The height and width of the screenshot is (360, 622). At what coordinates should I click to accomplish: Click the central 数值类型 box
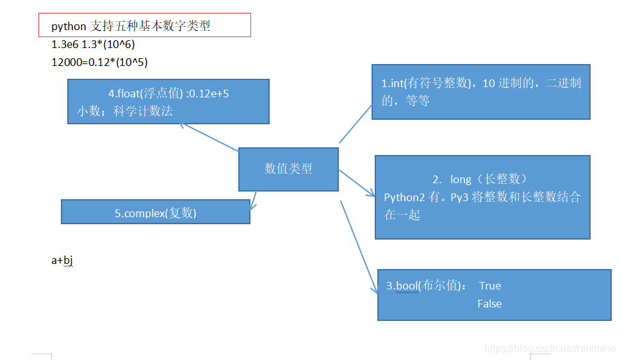288,169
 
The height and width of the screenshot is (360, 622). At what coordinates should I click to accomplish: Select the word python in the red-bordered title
69,26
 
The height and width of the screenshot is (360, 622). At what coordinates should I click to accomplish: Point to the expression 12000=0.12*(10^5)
100,62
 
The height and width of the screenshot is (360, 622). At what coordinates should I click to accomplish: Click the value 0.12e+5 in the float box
208,94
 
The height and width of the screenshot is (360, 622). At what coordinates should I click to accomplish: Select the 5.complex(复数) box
156,213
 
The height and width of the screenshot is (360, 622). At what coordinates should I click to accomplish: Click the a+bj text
62,260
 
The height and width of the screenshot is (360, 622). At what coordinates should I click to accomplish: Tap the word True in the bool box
490,286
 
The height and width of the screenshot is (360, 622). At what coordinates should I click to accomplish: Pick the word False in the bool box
489,304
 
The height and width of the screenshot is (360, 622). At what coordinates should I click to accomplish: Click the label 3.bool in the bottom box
402,286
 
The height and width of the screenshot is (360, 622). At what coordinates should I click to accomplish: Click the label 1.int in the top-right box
392,83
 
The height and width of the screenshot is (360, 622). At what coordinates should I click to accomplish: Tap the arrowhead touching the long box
371,193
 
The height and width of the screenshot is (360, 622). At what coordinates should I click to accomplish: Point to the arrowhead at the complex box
252,205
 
